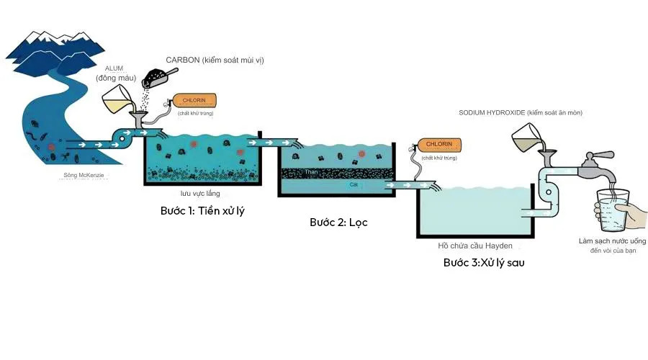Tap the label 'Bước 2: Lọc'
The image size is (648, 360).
tap(338, 222)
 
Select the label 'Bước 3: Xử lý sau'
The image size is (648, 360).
tap(484, 263)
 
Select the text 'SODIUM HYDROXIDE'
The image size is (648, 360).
tap(491, 113)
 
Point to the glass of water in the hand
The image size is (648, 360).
tap(613, 208)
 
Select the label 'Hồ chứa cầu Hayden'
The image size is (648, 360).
tap(475, 246)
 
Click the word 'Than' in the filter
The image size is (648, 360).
tap(310, 172)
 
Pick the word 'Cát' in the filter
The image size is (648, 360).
tap(354, 185)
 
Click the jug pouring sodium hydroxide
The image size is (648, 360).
tap(529, 135)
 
